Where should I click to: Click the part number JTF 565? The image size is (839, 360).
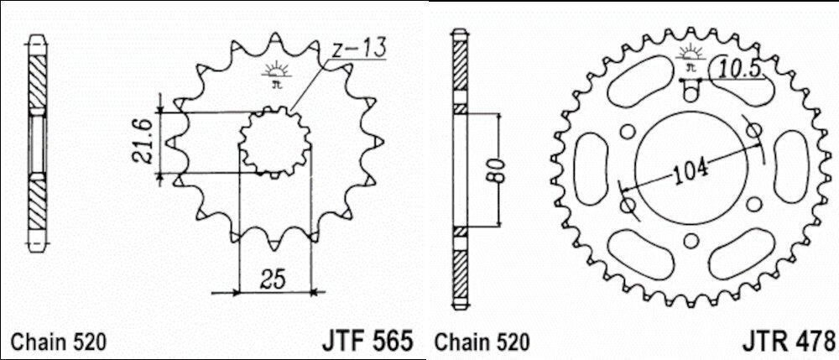pyautogui.click(x=367, y=341)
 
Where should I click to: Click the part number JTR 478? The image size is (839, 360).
pyautogui.click(x=788, y=341)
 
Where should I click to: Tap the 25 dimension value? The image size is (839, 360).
pyautogui.click(x=274, y=279)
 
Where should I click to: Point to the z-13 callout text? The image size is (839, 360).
pyautogui.click(x=357, y=49)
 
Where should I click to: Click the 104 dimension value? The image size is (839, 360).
pyautogui.click(x=690, y=169)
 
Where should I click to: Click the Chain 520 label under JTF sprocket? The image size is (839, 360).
pyautogui.click(x=60, y=342)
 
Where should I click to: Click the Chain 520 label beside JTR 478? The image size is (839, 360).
pyautogui.click(x=482, y=342)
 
